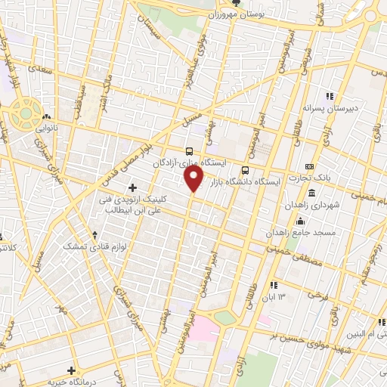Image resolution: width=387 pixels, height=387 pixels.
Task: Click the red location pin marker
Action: [194, 179]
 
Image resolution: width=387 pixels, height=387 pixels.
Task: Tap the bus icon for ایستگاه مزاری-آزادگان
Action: [189, 150]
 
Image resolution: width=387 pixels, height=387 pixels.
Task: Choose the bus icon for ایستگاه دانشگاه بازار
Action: [244, 169]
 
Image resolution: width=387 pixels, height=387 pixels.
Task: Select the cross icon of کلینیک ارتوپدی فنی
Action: [132, 187]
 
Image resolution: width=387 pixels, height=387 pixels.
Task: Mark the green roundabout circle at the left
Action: [25, 113]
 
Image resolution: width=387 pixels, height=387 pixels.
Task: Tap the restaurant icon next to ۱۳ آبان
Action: [273, 284]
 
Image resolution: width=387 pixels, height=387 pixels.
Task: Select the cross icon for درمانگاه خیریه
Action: [71, 370]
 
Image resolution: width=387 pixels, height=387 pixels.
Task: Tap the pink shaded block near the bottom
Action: [203, 330]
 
